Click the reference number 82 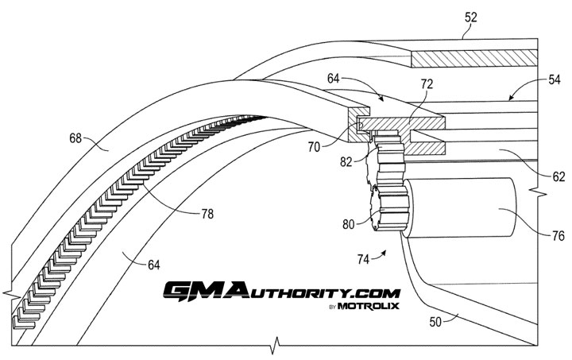346,163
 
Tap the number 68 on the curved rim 76,138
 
